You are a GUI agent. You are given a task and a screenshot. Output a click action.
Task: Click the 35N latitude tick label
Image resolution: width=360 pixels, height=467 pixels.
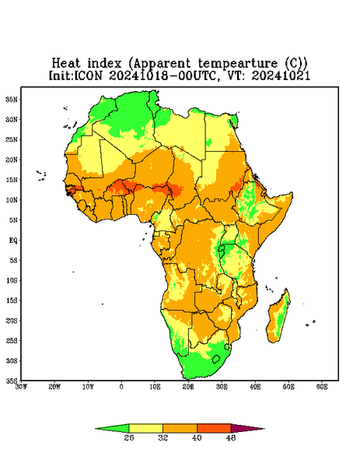tap(12, 99)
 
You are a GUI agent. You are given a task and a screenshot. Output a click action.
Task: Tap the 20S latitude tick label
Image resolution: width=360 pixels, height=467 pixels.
tap(12, 321)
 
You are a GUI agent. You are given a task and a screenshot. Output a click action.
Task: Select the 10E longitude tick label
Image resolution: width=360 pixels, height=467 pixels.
tap(155, 387)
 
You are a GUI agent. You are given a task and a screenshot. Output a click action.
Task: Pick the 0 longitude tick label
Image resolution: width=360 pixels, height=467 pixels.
tap(121, 387)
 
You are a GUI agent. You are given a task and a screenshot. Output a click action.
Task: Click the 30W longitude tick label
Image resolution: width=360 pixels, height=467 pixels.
tap(21, 387)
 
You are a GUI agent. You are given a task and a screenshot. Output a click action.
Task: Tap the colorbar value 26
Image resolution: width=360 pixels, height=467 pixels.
tap(129, 437)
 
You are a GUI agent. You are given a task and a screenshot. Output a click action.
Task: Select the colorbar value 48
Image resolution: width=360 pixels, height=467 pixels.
tap(231, 437)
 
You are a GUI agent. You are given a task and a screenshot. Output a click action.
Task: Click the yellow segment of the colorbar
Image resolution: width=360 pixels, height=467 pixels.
tap(145, 428)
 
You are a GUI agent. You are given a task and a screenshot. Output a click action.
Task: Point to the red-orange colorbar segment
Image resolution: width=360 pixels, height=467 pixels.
tap(214, 428)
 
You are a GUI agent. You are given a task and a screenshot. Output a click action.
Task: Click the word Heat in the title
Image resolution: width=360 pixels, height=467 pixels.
tap(66, 64)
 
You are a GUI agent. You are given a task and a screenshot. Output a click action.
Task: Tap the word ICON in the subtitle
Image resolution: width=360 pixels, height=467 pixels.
tap(89, 75)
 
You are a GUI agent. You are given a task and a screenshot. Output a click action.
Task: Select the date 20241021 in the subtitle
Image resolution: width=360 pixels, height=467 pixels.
tap(281, 75)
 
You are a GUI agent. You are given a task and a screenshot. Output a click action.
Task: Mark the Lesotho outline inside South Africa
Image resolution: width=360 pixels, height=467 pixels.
tap(216, 359)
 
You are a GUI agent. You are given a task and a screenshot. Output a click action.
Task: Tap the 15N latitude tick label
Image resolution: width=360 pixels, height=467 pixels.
tap(12, 180)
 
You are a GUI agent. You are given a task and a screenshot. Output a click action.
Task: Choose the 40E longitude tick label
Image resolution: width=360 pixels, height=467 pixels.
tap(255, 387)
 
